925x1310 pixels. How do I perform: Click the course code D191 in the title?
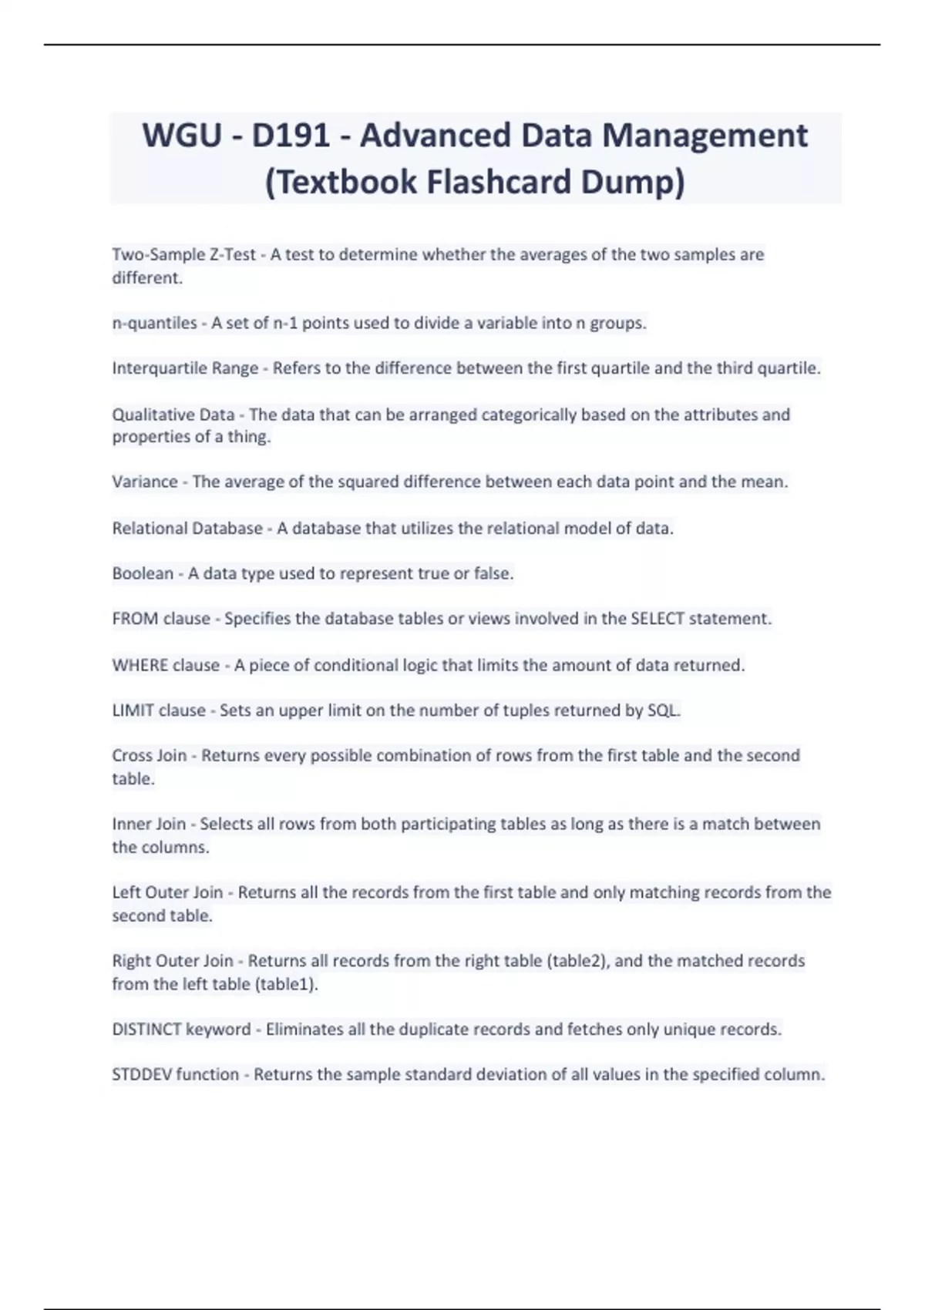[291, 136]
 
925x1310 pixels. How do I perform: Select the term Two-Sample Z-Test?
[183, 254]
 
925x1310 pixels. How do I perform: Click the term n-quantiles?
[154, 323]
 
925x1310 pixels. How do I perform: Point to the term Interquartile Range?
[185, 368]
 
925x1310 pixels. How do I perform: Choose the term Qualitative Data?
[173, 415]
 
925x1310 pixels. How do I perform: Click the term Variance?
[145, 482]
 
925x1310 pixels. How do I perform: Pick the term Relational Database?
[187, 528]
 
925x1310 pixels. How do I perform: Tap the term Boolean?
[143, 573]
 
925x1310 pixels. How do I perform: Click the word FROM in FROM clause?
[135, 619]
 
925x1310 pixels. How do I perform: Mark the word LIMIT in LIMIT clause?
[133, 710]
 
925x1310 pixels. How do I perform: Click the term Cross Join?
[149, 755]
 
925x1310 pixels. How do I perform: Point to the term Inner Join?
[149, 824]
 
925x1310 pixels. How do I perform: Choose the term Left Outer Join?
[167, 892]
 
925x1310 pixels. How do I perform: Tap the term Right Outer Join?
[172, 961]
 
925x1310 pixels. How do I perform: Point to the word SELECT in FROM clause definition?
[657, 619]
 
